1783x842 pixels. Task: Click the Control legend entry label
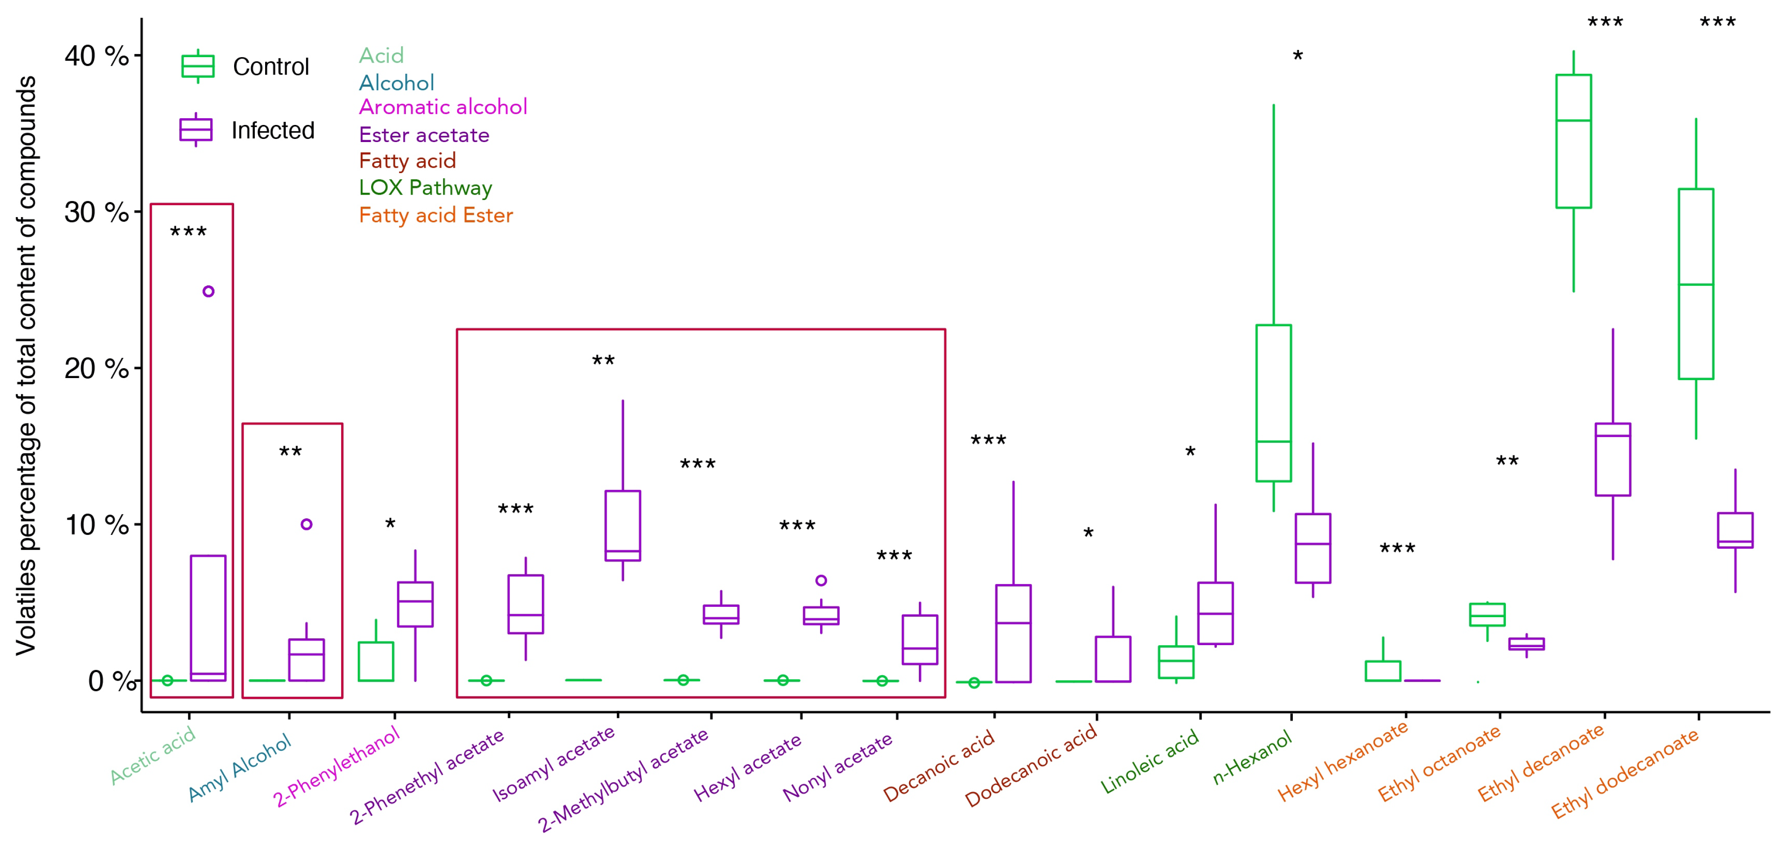pyautogui.click(x=271, y=67)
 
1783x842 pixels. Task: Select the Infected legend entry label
pyautogui.click(x=273, y=130)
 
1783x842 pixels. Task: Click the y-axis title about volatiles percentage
pyautogui.click(x=27, y=365)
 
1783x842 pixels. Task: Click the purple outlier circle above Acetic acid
pyautogui.click(x=208, y=291)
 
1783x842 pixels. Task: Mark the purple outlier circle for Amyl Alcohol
pyautogui.click(x=306, y=524)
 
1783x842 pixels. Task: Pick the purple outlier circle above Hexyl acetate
pyautogui.click(x=821, y=580)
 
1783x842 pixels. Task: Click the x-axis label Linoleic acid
pyautogui.click(x=1150, y=762)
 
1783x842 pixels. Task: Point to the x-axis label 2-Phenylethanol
pyautogui.click(x=337, y=766)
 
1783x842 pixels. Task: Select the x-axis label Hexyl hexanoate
pyautogui.click(x=1343, y=760)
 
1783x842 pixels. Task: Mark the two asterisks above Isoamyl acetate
pyautogui.click(x=603, y=360)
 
